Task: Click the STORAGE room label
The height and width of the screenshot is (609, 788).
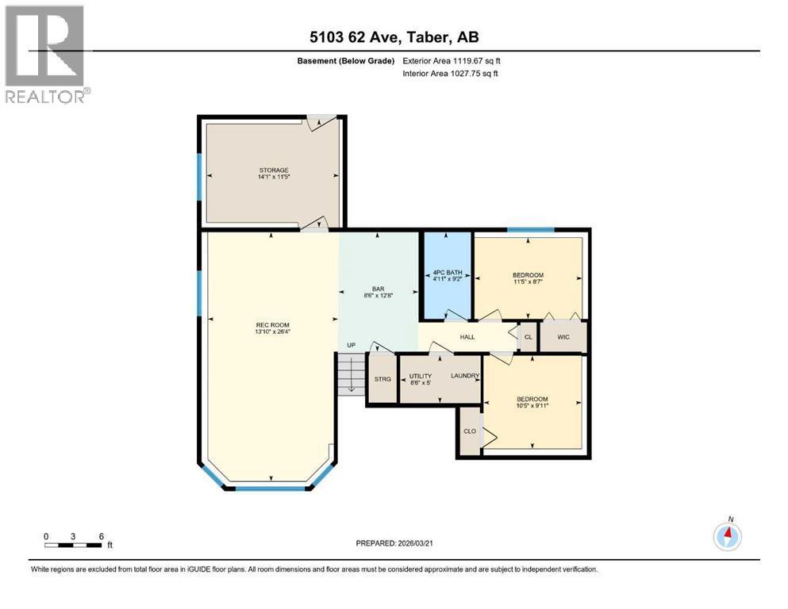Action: point(272,170)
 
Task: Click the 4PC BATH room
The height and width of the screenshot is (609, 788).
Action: point(445,274)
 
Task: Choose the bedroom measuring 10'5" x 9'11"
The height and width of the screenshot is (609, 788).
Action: point(532,399)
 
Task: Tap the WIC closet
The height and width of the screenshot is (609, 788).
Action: point(563,337)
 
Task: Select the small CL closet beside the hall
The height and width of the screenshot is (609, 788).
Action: point(528,337)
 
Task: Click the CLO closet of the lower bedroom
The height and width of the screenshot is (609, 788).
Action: point(469,431)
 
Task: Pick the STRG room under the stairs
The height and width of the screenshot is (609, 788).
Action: point(382,379)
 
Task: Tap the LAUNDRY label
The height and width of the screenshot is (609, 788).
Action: point(464,376)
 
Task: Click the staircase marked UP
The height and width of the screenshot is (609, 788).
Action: point(350,373)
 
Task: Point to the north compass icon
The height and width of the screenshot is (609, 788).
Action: point(727,535)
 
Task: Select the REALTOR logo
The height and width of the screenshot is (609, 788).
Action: point(46,54)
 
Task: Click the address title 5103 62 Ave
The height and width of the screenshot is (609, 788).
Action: point(394,36)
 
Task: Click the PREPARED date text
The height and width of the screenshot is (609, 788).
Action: point(394,543)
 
